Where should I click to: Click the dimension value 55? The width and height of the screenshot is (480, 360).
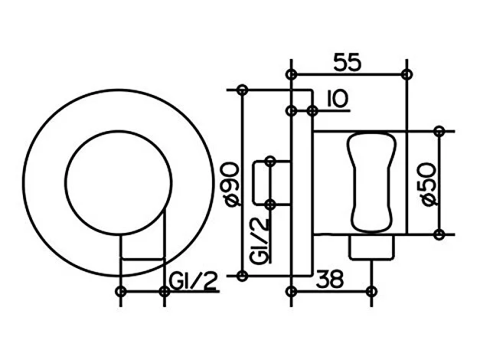[347, 62]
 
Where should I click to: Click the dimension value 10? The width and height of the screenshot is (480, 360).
[338, 99]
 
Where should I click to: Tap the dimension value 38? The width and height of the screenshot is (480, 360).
[330, 279]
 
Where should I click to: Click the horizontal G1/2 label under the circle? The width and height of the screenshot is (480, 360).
[193, 281]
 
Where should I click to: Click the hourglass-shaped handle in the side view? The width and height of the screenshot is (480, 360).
[372, 182]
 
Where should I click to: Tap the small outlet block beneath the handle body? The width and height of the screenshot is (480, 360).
[372, 247]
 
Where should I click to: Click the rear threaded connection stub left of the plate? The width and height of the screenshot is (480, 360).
[272, 182]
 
